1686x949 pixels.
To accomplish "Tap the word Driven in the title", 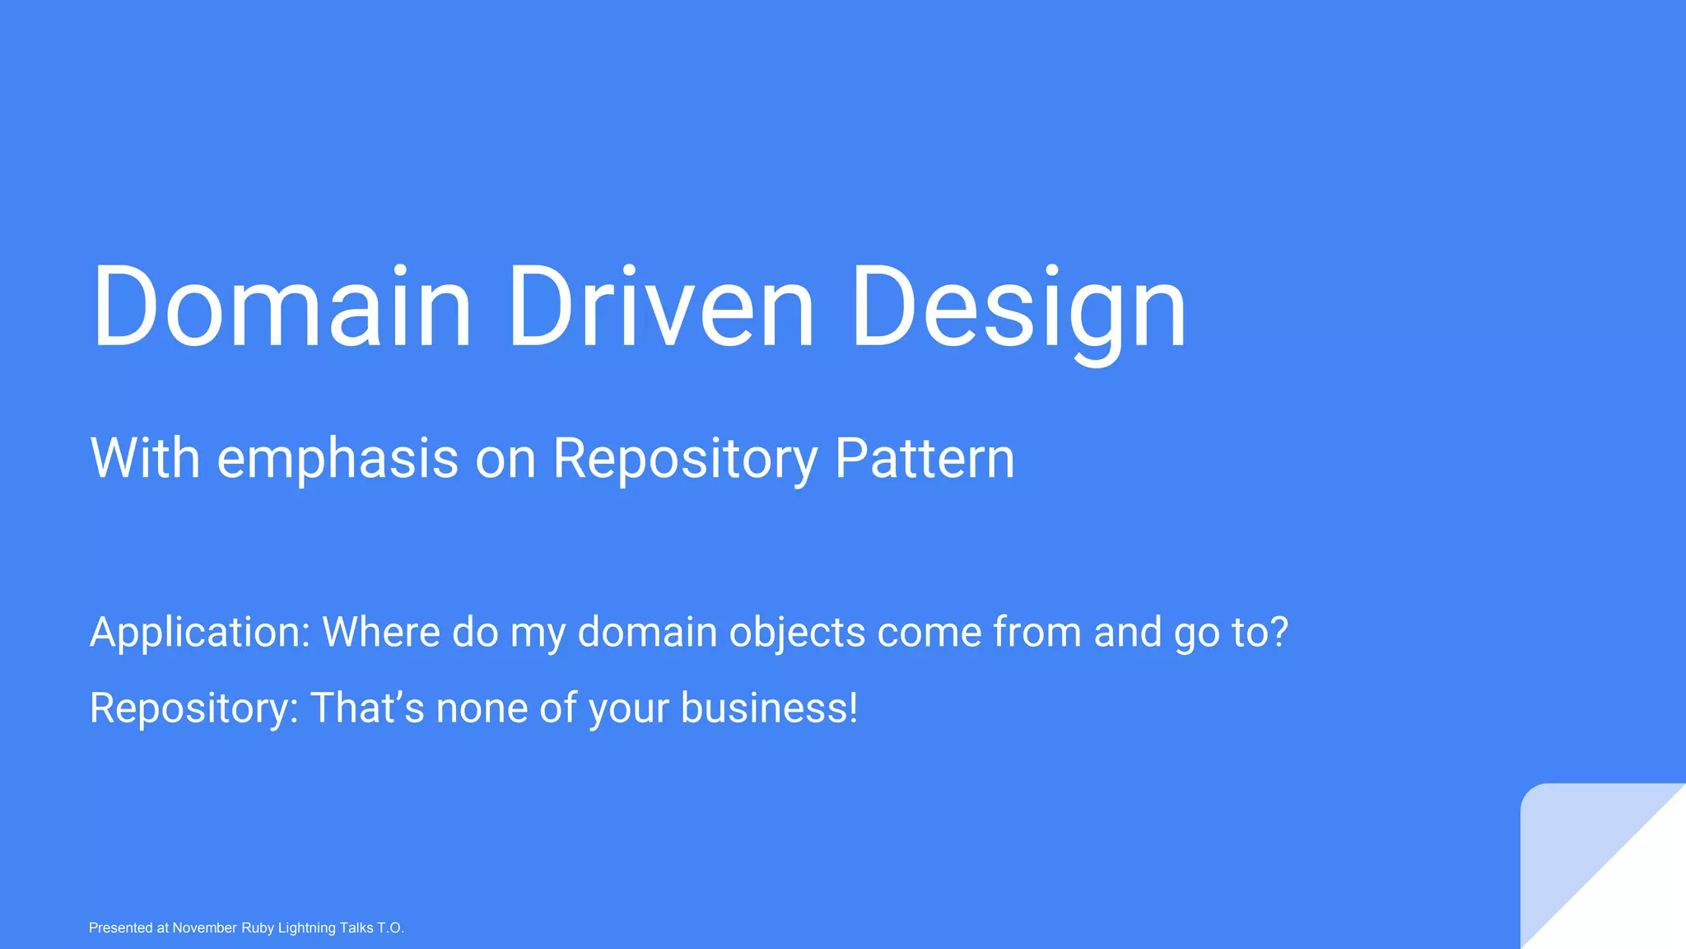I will point(660,306).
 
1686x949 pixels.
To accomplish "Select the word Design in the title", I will point(1018,306).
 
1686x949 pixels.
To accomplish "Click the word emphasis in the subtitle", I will point(338,458).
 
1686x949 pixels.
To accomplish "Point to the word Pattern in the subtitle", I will point(925,458).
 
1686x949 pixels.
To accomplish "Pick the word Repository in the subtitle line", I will point(685,458).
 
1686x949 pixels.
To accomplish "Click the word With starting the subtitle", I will point(145,458).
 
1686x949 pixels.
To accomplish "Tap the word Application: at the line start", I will point(200,633).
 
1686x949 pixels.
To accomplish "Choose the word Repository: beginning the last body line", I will point(193,708).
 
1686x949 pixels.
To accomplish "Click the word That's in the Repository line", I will point(367,708).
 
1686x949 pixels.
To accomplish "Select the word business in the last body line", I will point(762,708).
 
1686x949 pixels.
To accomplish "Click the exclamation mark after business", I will point(853,708).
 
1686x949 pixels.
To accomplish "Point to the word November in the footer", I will point(204,928).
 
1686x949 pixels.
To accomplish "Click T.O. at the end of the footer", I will point(390,928).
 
